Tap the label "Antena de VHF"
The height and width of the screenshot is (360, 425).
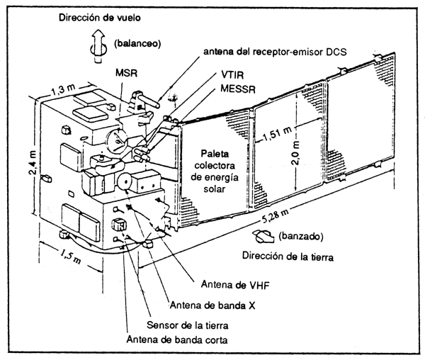click(234, 286)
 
